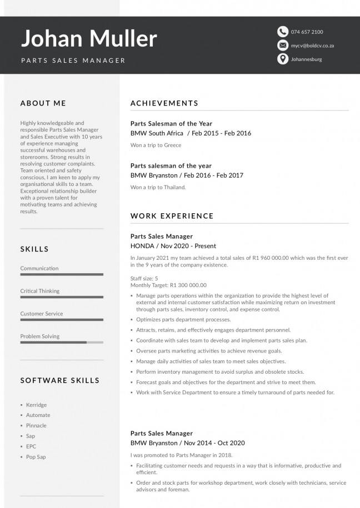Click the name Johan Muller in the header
point(89,38)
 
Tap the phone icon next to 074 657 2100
point(283,32)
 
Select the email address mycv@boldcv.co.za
point(312,46)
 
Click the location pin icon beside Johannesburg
point(283,59)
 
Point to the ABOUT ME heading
point(43,103)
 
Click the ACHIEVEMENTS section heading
point(164,103)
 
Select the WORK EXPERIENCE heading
point(172,216)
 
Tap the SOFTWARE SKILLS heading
point(60,380)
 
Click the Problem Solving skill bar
point(62,343)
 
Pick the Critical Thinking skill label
point(40,291)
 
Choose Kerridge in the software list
point(36,405)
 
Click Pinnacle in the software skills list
point(36,425)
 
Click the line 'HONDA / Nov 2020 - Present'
point(173,246)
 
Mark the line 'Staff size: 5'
point(144,278)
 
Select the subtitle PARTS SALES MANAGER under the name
point(73,61)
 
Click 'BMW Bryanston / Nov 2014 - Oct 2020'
point(188,443)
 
